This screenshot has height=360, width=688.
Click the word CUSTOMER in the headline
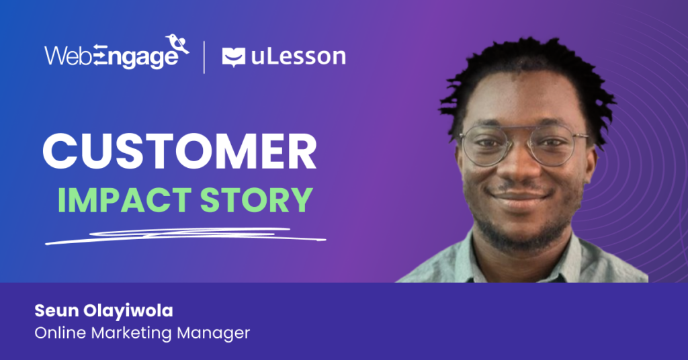(x=179, y=152)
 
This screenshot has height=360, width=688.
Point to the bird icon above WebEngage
(x=178, y=44)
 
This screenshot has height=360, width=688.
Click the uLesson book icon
(x=233, y=57)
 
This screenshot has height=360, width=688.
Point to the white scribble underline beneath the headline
(x=181, y=235)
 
